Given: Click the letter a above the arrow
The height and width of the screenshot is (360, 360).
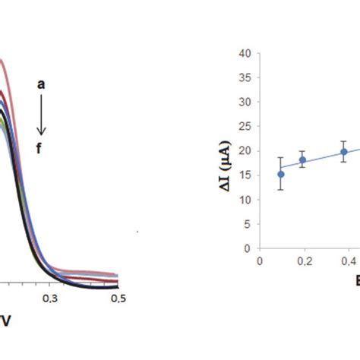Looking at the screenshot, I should (x=42, y=86).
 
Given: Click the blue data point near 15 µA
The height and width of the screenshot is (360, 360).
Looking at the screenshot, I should (x=281, y=174).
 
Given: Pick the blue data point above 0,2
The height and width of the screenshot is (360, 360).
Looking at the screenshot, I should (x=302, y=159).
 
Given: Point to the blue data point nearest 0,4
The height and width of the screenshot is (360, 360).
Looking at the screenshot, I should (x=344, y=151).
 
